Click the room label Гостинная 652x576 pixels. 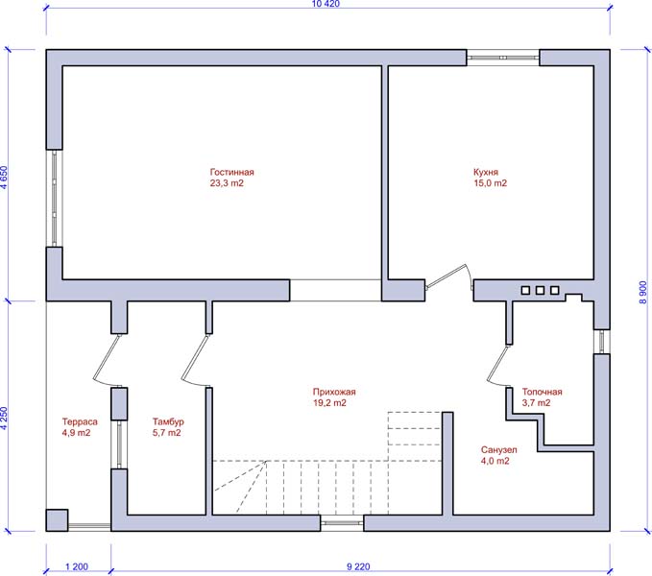231,172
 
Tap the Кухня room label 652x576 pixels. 486,172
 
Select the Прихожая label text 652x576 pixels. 334,392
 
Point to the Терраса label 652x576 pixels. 80,421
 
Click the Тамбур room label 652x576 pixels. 168,421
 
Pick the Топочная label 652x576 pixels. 542,392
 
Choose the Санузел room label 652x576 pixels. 499,450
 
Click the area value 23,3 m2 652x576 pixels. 227,183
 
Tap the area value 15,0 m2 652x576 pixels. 491,183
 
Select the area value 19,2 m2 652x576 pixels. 329,403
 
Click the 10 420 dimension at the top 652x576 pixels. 326,4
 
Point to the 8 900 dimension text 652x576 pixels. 643,293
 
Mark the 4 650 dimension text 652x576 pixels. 4,178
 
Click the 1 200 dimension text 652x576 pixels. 77,566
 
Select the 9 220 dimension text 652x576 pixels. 358,566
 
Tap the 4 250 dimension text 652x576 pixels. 4,418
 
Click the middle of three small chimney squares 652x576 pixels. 540,290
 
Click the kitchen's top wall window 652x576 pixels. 503,58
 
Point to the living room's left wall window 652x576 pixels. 55,198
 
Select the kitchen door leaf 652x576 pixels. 447,276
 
